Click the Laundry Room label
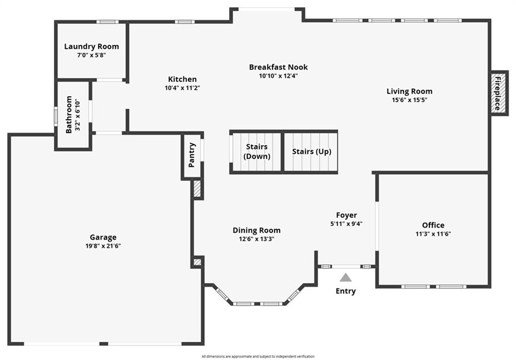tap(91, 46)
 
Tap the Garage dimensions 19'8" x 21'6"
tap(103, 246)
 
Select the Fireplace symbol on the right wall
tap(498, 93)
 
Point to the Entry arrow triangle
tap(345, 277)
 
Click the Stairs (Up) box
tap(311, 152)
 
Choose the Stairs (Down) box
tap(256, 152)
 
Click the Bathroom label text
tap(69, 115)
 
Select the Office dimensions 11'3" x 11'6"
tap(433, 234)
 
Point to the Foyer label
tap(347, 215)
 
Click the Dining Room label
tap(256, 230)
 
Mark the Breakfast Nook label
tap(278, 67)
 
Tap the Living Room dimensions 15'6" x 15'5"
tap(409, 100)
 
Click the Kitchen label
tap(182, 79)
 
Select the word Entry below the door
tap(346, 291)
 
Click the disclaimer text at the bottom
tap(257, 356)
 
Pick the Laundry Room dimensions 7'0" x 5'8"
tap(91, 55)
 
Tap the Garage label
tap(103, 237)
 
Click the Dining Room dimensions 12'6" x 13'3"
tap(256, 239)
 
